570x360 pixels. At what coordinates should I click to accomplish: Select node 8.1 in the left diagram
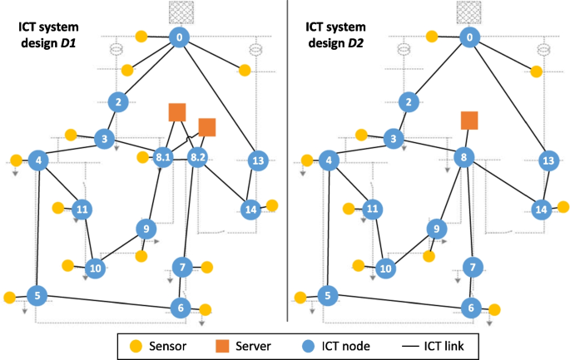(x=163, y=156)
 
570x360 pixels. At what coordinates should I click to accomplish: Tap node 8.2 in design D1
(x=198, y=156)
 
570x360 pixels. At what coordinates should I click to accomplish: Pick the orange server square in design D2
(x=469, y=121)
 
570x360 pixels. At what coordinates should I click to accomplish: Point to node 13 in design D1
(x=258, y=160)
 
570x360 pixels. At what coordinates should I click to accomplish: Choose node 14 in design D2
(x=541, y=209)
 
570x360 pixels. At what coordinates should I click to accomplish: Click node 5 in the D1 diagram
(x=36, y=295)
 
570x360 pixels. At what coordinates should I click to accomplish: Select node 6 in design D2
(x=471, y=307)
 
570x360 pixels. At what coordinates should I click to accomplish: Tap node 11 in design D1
(x=82, y=209)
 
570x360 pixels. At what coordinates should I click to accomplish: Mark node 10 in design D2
(x=384, y=269)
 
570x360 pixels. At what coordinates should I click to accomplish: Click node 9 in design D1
(x=146, y=229)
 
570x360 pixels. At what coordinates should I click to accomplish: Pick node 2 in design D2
(x=409, y=102)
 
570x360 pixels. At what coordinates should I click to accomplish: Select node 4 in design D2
(x=330, y=160)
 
